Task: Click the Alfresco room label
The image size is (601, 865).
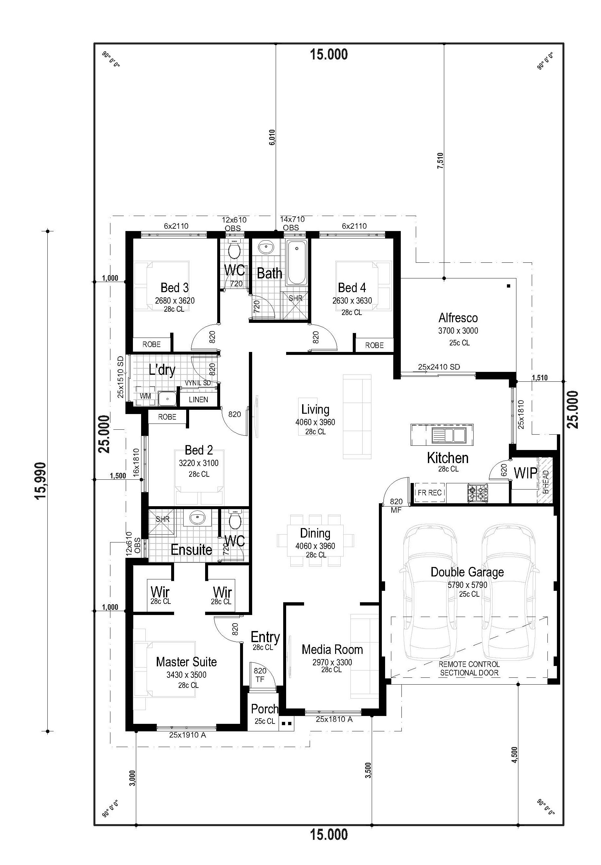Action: coord(458,318)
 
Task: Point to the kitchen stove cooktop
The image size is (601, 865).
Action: coord(478,493)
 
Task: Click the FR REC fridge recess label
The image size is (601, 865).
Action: coord(430,493)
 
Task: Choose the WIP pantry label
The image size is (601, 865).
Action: coord(526,473)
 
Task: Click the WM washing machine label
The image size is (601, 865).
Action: coord(145,396)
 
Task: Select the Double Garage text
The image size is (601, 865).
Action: coord(467,572)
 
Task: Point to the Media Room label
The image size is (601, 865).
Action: coord(332,650)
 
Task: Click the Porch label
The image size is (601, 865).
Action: coord(264,709)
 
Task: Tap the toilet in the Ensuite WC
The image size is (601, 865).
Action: coord(235,520)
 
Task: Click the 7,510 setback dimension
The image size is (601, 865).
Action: coord(440,160)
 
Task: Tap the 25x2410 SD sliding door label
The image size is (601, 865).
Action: coord(439,367)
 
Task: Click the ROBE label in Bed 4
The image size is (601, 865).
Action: coord(374,345)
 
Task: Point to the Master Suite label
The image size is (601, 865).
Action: coord(187,661)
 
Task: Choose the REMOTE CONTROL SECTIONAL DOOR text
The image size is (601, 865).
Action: coord(469,668)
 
